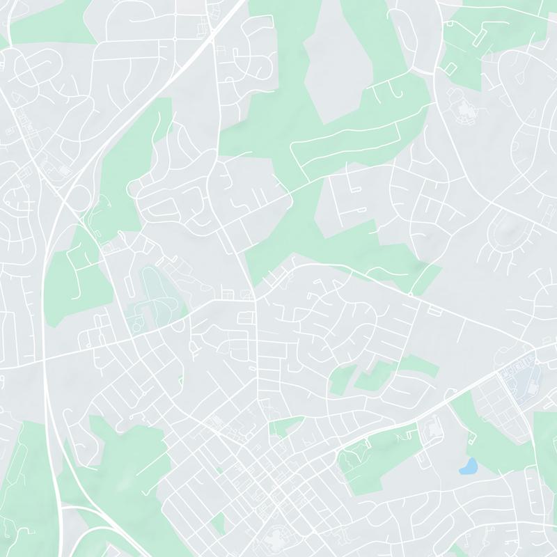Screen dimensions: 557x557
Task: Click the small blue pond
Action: tap(469, 465)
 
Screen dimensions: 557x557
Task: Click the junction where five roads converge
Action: tap(256, 299)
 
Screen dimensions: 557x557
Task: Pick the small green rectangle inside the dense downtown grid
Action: tap(219, 522)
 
